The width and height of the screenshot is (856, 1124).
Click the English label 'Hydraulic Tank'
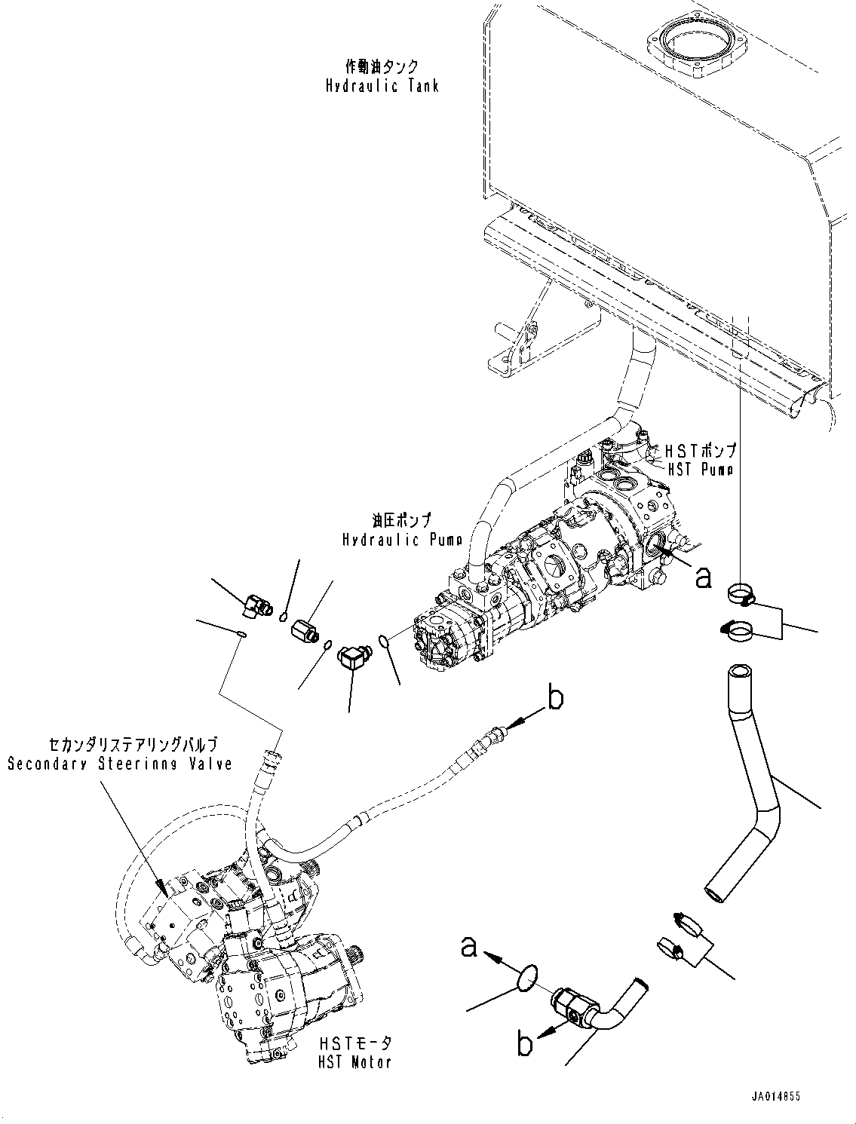coord(382,86)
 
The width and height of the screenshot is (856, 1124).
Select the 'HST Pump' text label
coord(700,467)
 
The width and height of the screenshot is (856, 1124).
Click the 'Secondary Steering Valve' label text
coord(119,764)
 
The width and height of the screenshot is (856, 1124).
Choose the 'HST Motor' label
coord(354,1063)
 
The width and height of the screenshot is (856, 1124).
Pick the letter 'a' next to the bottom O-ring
coord(470,948)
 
